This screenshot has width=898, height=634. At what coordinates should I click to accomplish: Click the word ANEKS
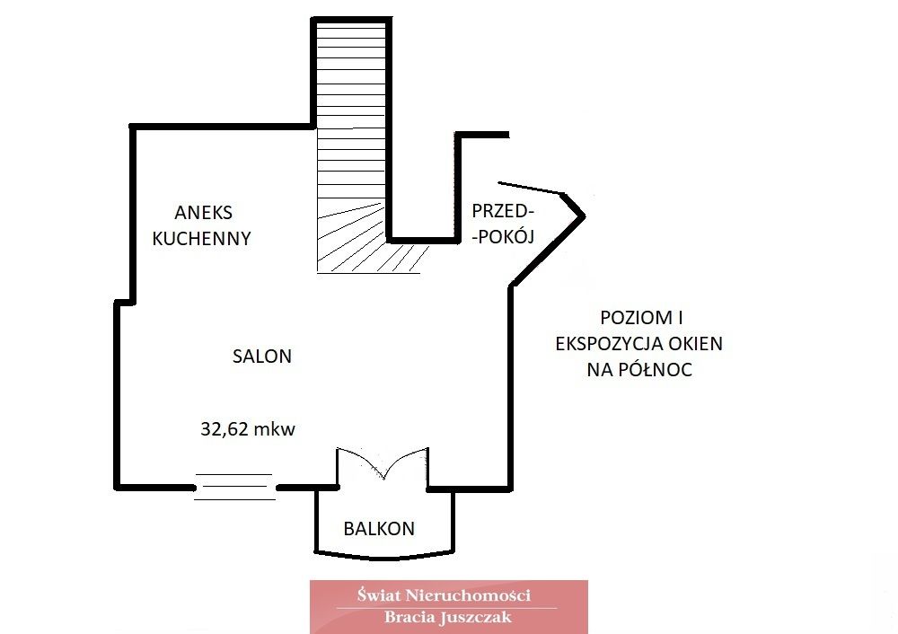204,213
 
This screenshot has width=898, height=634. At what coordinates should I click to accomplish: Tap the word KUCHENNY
201,239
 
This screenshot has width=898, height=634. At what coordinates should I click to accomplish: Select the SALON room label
262,356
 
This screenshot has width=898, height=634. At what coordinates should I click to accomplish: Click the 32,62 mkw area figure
248,428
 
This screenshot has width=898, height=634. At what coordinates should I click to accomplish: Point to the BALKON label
379,529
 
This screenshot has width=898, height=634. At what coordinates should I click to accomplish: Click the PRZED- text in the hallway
503,211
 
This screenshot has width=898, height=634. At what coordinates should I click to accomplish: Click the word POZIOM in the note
628,319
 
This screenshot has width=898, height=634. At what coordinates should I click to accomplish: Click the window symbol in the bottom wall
234,486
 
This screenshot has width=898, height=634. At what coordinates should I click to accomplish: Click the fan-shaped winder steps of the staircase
355,242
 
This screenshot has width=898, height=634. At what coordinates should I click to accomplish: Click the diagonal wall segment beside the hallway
547,251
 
